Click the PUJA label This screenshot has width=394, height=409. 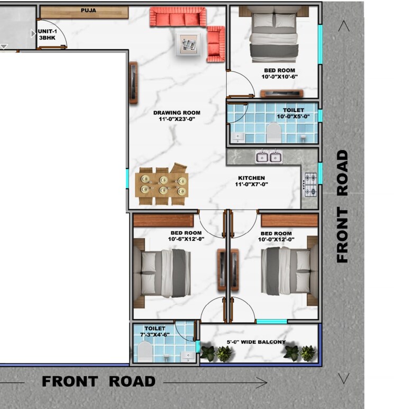pyautogui.click(x=88, y=10)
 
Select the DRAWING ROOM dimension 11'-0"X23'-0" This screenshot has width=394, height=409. pyautogui.click(x=177, y=119)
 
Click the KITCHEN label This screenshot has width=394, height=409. pyautogui.click(x=251, y=178)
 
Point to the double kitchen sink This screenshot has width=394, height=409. pyautogui.click(x=269, y=157)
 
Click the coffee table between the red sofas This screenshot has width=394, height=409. pyautogui.click(x=188, y=41)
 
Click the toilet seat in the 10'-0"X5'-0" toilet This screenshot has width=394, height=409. pyautogui.click(x=273, y=133)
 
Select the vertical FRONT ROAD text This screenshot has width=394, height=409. pyautogui.click(x=343, y=206)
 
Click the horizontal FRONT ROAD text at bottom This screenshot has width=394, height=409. pyautogui.click(x=99, y=381)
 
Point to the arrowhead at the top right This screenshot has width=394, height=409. pyautogui.click(x=344, y=26)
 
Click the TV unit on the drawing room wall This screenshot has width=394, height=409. pyautogui.click(x=133, y=82)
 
